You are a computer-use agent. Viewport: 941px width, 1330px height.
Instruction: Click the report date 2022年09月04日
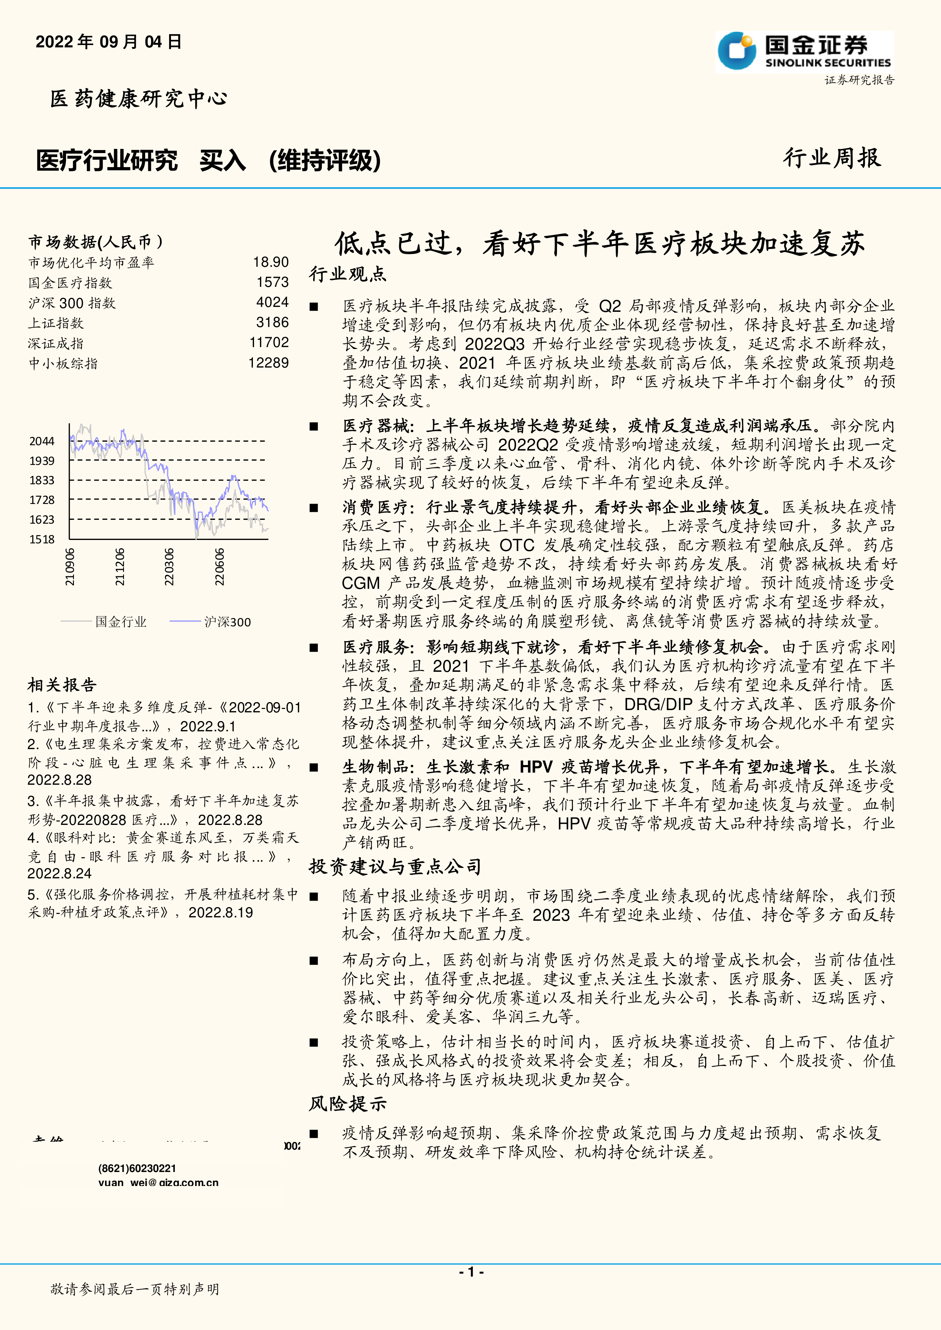[108, 42]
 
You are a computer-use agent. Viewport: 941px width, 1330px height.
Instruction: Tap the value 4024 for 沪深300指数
[272, 302]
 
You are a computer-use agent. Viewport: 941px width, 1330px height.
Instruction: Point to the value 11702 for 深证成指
[269, 342]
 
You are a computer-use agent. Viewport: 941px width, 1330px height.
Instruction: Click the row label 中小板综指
[63, 363]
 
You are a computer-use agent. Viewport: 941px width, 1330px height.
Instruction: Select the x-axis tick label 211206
[119, 566]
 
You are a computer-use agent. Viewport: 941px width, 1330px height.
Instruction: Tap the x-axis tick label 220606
[220, 566]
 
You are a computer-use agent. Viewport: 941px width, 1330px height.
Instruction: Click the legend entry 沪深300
[227, 622]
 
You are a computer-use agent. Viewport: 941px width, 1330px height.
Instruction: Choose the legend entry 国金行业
[121, 622]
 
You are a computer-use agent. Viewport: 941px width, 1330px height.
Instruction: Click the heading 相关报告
[62, 685]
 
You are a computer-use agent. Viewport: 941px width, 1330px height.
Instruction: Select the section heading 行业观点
[348, 274]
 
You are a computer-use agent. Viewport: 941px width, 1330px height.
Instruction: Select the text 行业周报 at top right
[832, 158]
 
